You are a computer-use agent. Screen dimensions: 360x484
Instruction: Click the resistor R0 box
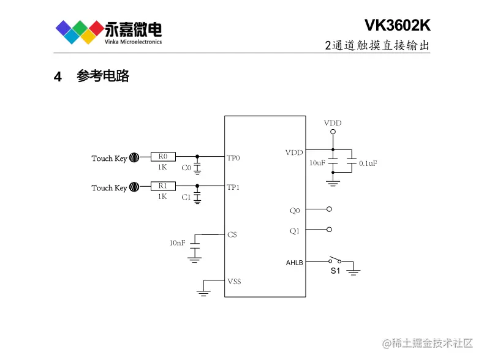(x=163, y=157)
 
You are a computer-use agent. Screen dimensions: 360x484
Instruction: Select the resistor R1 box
(x=163, y=186)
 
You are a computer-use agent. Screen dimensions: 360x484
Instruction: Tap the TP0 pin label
(x=233, y=158)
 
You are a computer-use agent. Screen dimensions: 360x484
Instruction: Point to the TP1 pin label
(x=233, y=187)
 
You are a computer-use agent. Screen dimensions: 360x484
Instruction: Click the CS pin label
(x=232, y=234)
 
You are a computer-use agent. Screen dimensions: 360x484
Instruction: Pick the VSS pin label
(x=233, y=282)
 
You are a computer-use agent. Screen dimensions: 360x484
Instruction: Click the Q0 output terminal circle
(x=330, y=209)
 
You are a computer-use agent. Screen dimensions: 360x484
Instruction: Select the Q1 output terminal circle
(x=330, y=230)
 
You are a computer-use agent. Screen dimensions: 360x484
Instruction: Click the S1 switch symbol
(x=335, y=260)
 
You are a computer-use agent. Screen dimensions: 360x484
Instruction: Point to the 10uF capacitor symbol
(x=333, y=163)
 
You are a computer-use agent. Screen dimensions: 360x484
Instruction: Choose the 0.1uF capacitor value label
(x=368, y=163)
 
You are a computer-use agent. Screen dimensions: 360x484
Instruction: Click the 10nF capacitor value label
(x=177, y=243)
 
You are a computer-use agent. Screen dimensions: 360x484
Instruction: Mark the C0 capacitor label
(x=186, y=167)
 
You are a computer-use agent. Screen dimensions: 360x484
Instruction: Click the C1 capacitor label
(x=186, y=197)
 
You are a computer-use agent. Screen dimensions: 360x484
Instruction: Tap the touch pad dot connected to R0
(x=134, y=157)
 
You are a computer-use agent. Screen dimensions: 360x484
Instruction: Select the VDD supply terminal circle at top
(x=333, y=132)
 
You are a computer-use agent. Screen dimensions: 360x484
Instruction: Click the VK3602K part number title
(x=397, y=25)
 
